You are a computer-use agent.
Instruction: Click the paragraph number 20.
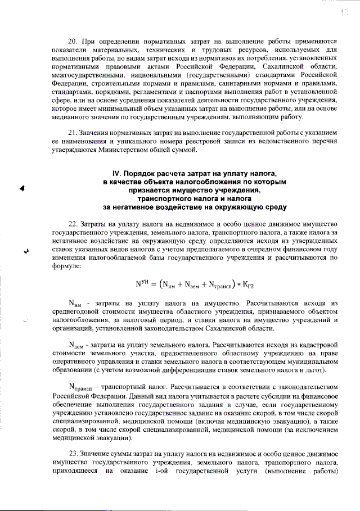coord(71,41)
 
